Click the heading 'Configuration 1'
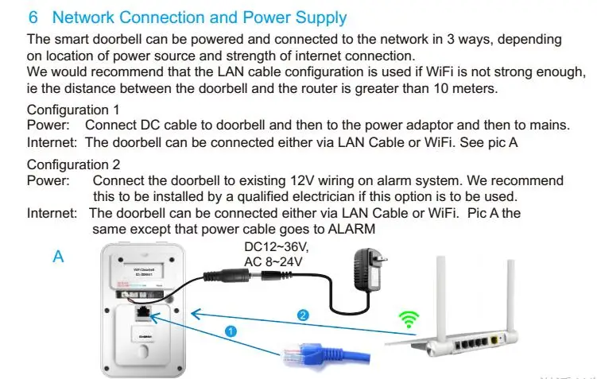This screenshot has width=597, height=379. pos(73,110)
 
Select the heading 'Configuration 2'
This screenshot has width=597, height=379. pos(73,165)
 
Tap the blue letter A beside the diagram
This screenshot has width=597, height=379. pos(57,257)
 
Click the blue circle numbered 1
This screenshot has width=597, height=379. pos(231,331)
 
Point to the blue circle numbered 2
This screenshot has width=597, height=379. pos(302,315)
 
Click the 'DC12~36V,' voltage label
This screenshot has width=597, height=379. pos(276,246)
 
